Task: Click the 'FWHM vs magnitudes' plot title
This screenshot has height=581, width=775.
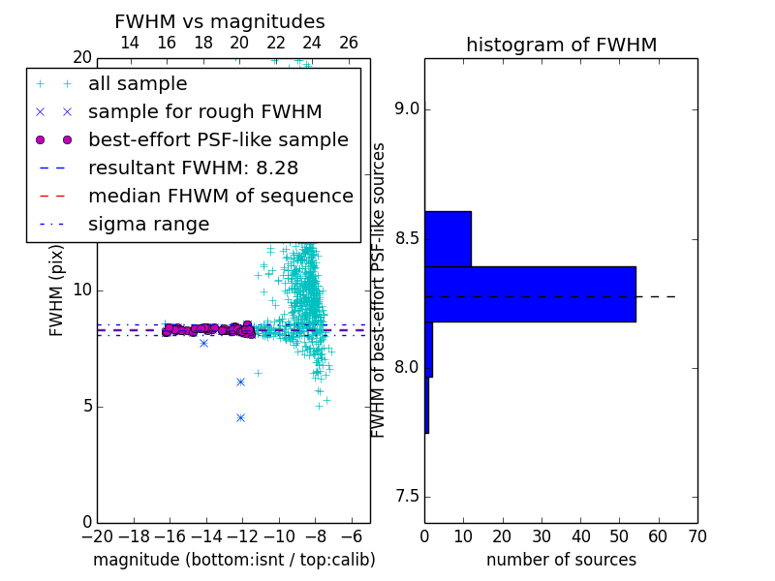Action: pyautogui.click(x=220, y=21)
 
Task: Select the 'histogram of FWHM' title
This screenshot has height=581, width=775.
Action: pyautogui.click(x=562, y=45)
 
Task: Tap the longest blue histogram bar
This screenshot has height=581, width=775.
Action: pyautogui.click(x=530, y=294)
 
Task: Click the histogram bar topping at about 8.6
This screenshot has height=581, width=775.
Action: pyautogui.click(x=448, y=239)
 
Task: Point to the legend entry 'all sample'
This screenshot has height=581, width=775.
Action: pyautogui.click(x=138, y=84)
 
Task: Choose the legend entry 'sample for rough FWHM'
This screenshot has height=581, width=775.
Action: pyautogui.click(x=205, y=112)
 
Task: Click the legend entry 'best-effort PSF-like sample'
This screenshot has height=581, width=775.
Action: pyautogui.click(x=219, y=139)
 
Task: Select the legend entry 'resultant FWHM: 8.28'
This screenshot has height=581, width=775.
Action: pyautogui.click(x=193, y=168)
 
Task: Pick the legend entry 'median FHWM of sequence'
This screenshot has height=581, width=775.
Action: pyautogui.click(x=221, y=197)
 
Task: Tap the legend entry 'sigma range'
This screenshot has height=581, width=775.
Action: pyautogui.click(x=149, y=225)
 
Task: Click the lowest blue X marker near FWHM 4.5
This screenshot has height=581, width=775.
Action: pyautogui.click(x=240, y=418)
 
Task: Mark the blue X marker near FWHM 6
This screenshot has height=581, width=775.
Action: pyautogui.click(x=240, y=382)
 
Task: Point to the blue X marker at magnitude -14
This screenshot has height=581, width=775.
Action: pyautogui.click(x=203, y=343)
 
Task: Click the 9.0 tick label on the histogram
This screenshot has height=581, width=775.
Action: pyautogui.click(x=407, y=109)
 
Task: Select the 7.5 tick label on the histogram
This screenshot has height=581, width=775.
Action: pyautogui.click(x=407, y=497)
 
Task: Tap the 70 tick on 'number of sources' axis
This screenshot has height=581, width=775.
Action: pyautogui.click(x=697, y=536)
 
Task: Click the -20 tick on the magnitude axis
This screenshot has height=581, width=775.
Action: pyautogui.click(x=97, y=536)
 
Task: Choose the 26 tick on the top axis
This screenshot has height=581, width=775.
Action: pyautogui.click(x=349, y=43)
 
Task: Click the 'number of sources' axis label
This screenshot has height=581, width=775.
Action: pyautogui.click(x=562, y=560)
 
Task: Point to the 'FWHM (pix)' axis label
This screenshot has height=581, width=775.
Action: pyautogui.click(x=56, y=291)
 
